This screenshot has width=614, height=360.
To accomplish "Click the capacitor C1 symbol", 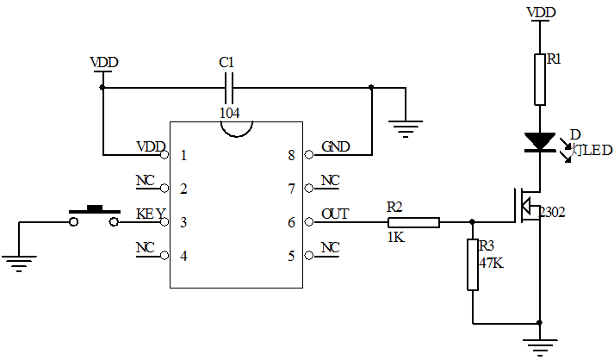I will [x=228, y=86].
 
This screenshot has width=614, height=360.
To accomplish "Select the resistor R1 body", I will [x=540, y=78].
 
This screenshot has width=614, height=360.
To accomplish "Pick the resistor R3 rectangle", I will [x=472, y=264].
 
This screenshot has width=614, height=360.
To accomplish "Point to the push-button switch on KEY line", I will [x=93, y=215].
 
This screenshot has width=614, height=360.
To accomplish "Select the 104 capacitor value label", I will [x=229, y=113].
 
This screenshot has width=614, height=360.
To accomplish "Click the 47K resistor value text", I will [x=491, y=263].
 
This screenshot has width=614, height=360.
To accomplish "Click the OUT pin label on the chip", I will [x=335, y=214].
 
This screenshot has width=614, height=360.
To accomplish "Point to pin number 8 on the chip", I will [x=291, y=156].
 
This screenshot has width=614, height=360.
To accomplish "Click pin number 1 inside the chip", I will [x=183, y=156].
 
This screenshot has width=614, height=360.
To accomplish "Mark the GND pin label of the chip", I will [x=335, y=146].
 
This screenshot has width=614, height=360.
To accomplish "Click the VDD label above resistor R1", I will [x=540, y=12].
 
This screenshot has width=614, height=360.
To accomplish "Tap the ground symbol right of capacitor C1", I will [x=405, y=129].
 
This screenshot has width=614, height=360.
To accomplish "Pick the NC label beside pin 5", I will [x=330, y=247].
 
